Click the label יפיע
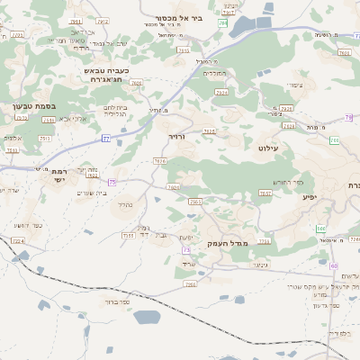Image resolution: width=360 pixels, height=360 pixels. pyautogui.click(x=310, y=196)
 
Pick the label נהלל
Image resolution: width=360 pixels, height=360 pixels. pyautogui.click(x=123, y=204)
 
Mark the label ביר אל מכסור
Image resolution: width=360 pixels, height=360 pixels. pyautogui.click(x=191, y=17)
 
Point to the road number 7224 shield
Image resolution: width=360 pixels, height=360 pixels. pyautogui.click(x=17, y=241)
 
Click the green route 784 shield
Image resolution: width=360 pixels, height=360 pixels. pyautogui.click(x=221, y=22)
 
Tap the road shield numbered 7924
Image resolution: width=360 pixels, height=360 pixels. pyautogui.click(x=221, y=92)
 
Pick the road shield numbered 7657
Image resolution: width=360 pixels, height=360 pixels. pyautogui.click(x=265, y=193)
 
